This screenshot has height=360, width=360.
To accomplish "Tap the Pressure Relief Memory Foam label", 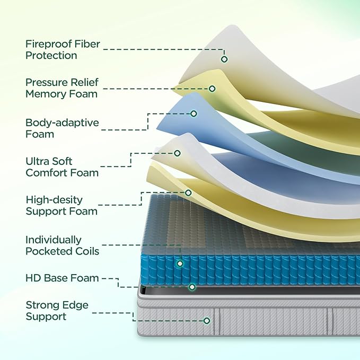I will pyautogui.click(x=62, y=88).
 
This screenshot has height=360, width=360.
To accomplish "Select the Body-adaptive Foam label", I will pyautogui.click(x=62, y=128).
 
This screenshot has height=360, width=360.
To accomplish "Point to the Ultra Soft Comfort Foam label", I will pyautogui.click(x=62, y=166).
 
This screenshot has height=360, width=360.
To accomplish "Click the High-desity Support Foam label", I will pyautogui.click(x=62, y=205).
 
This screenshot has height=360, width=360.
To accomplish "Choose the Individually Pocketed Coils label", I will pyautogui.click(x=62, y=245).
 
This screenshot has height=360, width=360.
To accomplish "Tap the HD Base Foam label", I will pyautogui.click(x=62, y=278).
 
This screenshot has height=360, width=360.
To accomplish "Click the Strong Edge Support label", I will pyautogui.click(x=57, y=311).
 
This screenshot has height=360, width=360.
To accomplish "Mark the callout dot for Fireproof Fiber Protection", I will pyautogui.click(x=224, y=59).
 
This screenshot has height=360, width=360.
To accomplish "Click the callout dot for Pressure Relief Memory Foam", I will pyautogui.click(x=212, y=89).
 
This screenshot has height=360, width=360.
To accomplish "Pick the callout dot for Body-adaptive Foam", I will pyautogui.click(x=194, y=113).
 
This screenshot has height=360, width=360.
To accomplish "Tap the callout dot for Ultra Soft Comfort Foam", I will pyautogui.click(x=177, y=153).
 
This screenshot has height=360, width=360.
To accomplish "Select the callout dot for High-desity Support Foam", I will pyautogui.click(x=188, y=192).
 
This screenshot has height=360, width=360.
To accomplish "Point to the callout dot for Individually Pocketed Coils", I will pyautogui.click(x=180, y=263).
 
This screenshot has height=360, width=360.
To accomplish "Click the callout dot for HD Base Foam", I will pyautogui.click(x=192, y=287).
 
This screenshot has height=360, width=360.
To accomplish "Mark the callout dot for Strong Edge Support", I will pyautogui.click(x=207, y=320).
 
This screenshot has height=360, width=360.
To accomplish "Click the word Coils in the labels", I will pyautogui.click(x=87, y=251).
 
